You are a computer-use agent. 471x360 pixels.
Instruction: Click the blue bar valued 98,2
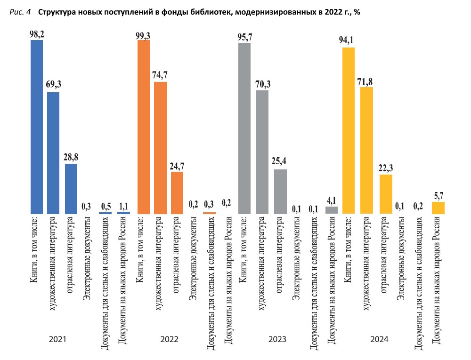(37, 127)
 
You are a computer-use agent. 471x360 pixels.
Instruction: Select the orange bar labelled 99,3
(144, 127)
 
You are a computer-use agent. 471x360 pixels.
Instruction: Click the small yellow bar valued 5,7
(438, 208)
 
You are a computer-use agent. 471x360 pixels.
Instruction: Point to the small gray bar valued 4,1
(332, 210)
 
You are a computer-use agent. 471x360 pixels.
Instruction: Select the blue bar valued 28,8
(71, 189)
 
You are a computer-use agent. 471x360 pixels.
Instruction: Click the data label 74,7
(160, 75)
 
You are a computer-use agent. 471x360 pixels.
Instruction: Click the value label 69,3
(53, 85)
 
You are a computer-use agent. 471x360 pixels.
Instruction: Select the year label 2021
(57, 339)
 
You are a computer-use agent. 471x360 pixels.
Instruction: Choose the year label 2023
(277, 339)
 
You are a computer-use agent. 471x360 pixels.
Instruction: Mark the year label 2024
(379, 339)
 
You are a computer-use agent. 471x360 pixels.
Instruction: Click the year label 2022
(169, 339)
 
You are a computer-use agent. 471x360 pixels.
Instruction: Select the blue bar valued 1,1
(123, 213)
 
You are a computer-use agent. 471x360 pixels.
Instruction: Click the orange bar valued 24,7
(177, 193)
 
